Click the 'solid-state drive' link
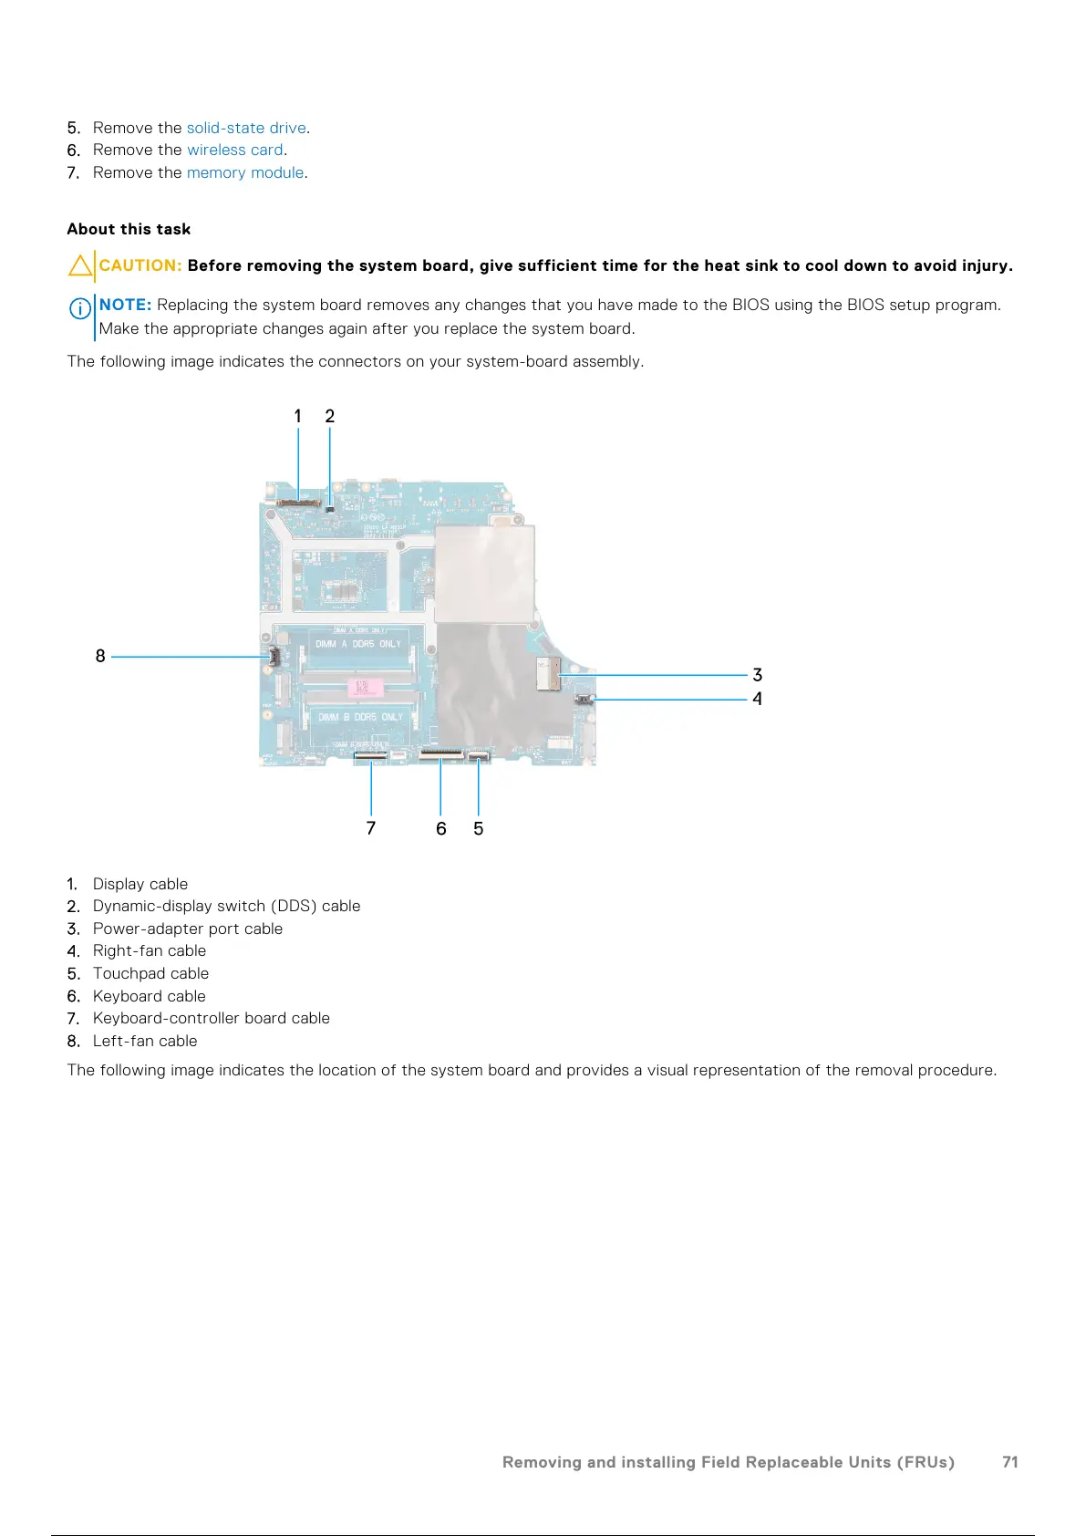246,128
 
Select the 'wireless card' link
234,150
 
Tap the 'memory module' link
245,172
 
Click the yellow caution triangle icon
80,265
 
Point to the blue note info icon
80,308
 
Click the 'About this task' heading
129,229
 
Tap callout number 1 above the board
297,416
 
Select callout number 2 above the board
330,416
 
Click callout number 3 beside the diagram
757,675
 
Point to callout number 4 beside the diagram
757,699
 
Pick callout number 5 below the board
478,828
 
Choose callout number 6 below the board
441,828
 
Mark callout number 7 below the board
371,828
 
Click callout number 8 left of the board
100,656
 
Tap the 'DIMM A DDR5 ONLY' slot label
358,644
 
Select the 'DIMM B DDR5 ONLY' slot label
360,717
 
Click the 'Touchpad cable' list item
150,973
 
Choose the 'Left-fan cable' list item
145,1041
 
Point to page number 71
1010,1462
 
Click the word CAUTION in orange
140,265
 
